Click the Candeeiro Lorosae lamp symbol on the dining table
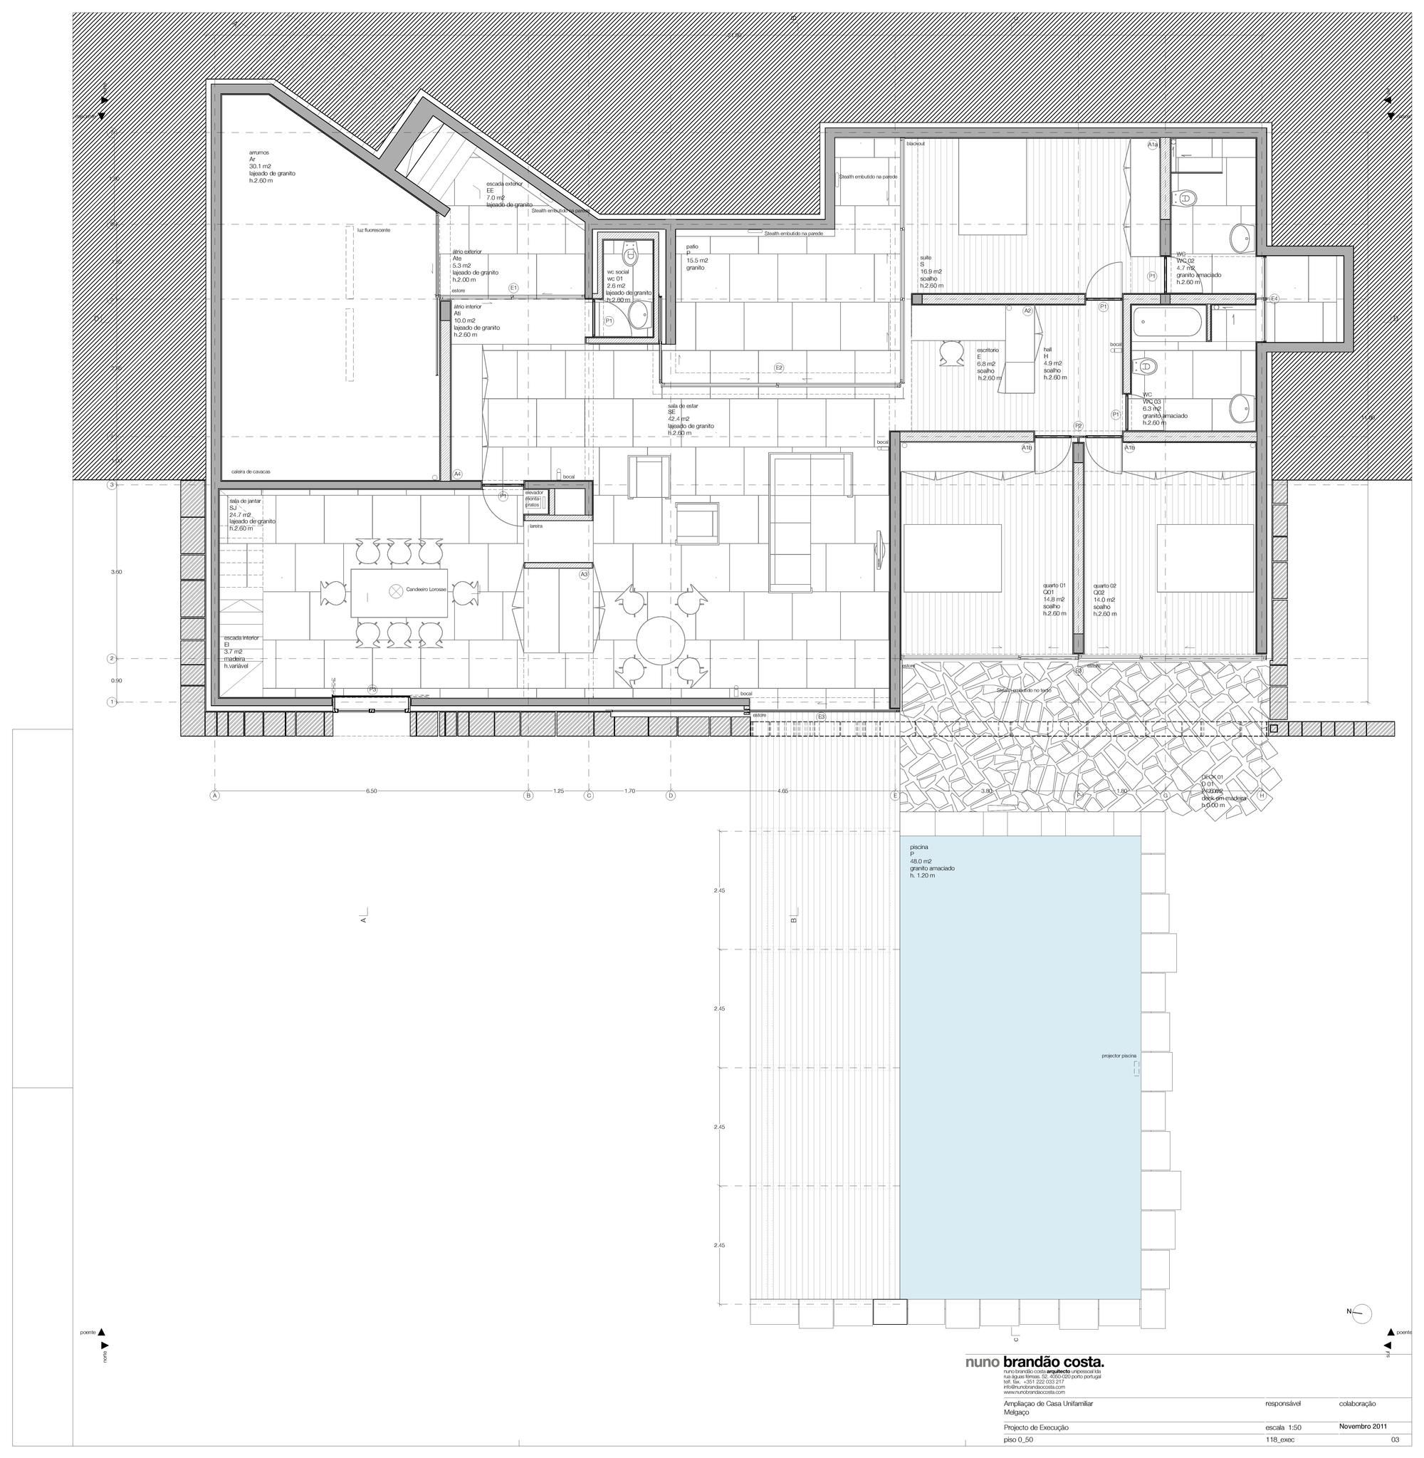point(396,590)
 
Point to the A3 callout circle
point(584,574)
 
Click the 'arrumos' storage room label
point(258,152)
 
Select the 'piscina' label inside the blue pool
point(918,846)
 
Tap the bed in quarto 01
point(952,557)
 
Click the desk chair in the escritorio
point(951,353)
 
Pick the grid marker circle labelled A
point(214,796)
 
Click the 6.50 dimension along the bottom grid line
point(371,791)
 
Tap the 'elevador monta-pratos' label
point(533,498)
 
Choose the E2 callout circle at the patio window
point(778,368)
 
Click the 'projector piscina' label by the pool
point(1118,1056)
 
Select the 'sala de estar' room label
point(682,405)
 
